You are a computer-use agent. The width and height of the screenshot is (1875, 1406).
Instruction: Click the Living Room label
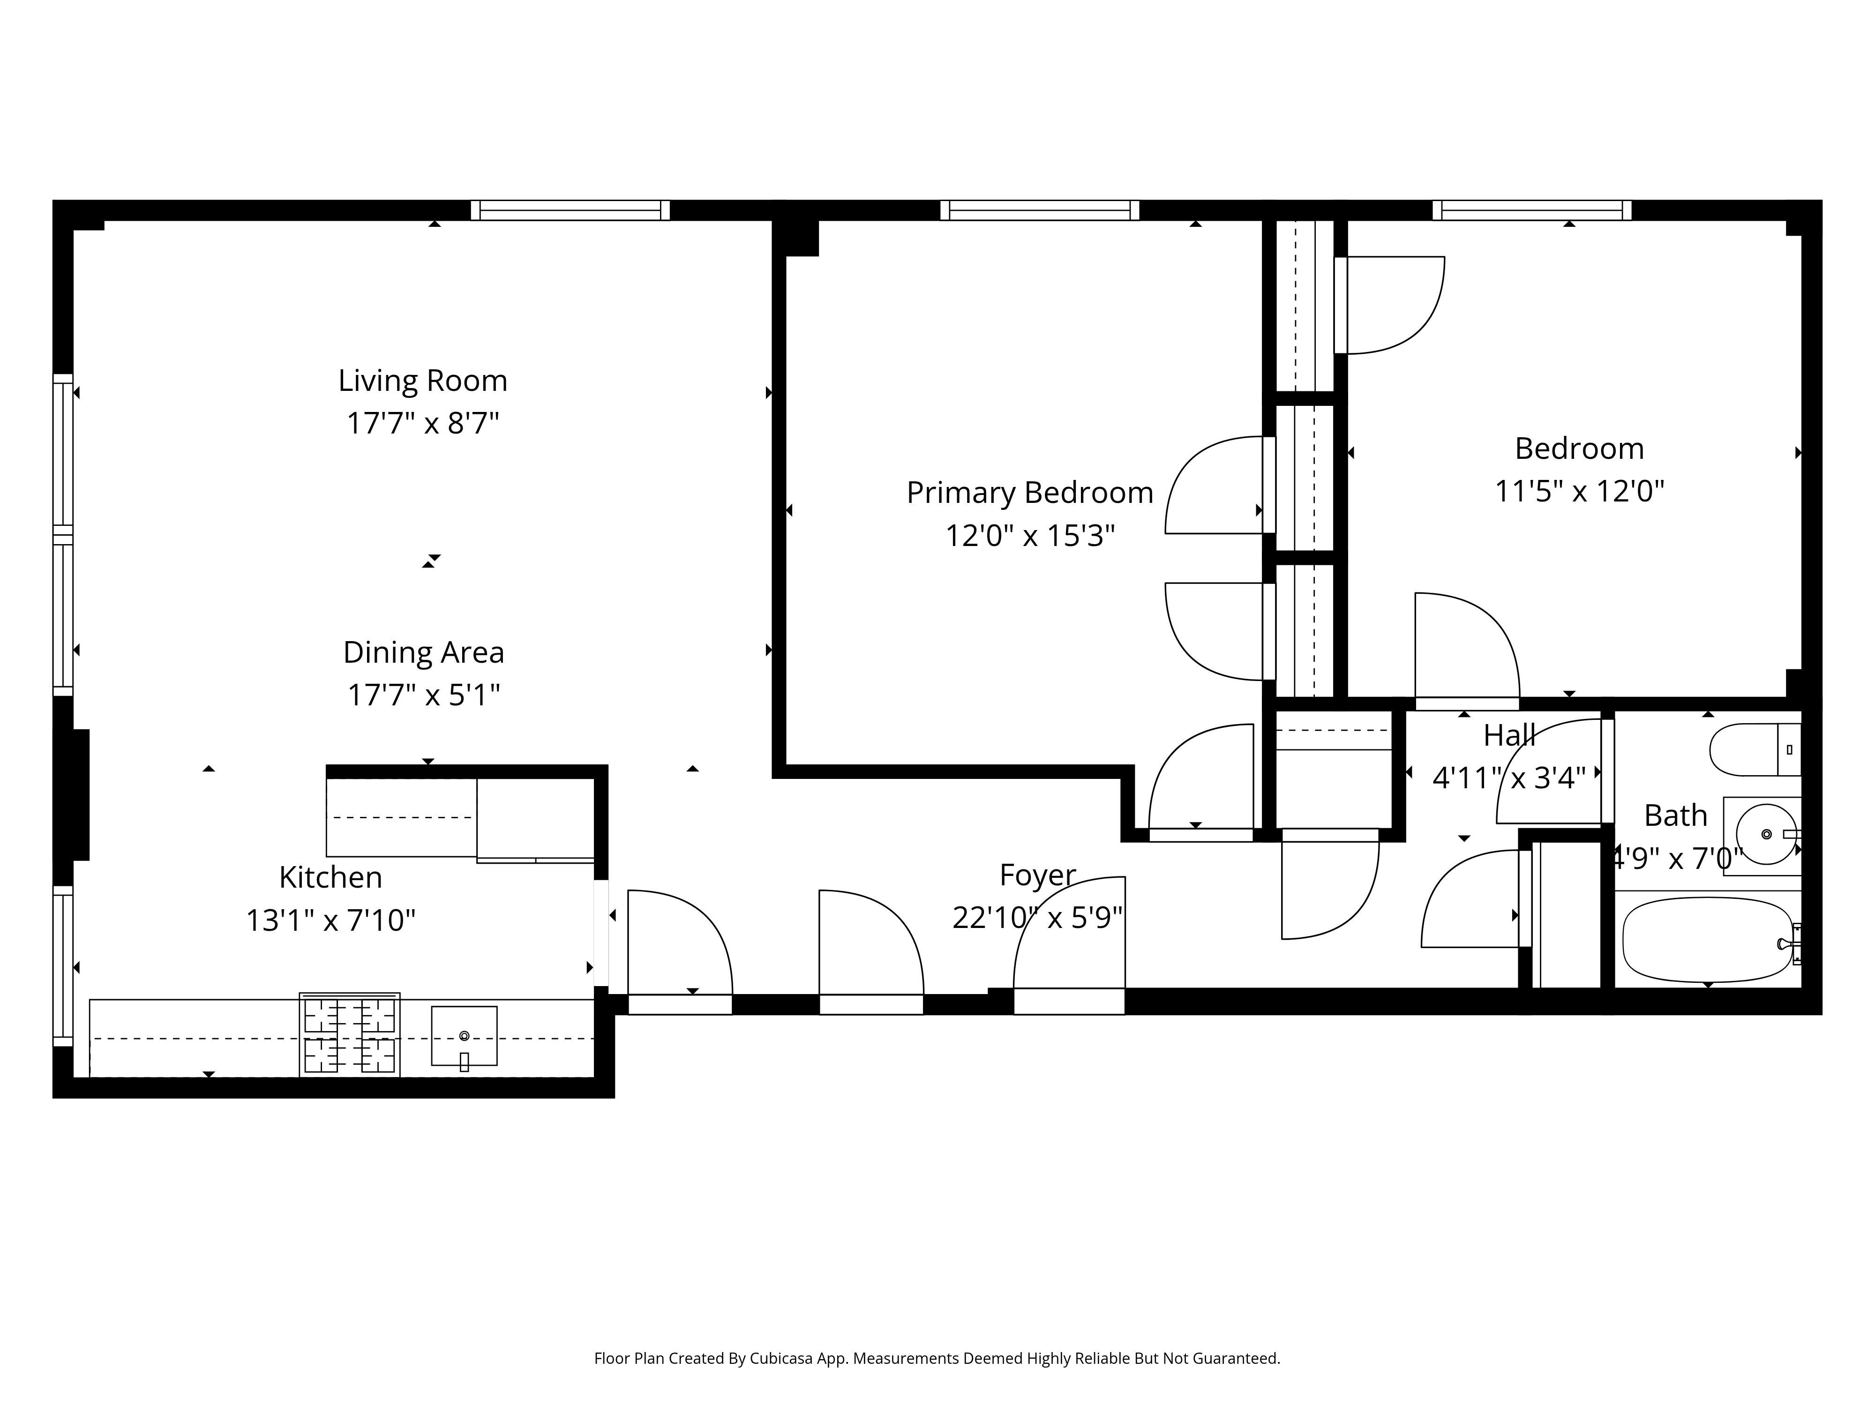[x=422, y=381]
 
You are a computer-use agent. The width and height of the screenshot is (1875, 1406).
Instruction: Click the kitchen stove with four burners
[x=349, y=1035]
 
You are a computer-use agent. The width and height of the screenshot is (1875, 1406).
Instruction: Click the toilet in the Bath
[x=1753, y=749]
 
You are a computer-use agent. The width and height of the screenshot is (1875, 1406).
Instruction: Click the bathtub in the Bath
[x=1705, y=941]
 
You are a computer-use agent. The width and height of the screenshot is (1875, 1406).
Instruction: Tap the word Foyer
[x=1037, y=875]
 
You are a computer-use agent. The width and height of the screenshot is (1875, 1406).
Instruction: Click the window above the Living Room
[x=570, y=210]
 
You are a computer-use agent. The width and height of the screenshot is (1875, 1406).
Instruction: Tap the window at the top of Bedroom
[x=1531, y=210]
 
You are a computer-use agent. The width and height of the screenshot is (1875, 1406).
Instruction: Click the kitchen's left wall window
[x=63, y=965]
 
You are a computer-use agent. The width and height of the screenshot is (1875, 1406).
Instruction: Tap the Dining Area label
[x=423, y=652]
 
